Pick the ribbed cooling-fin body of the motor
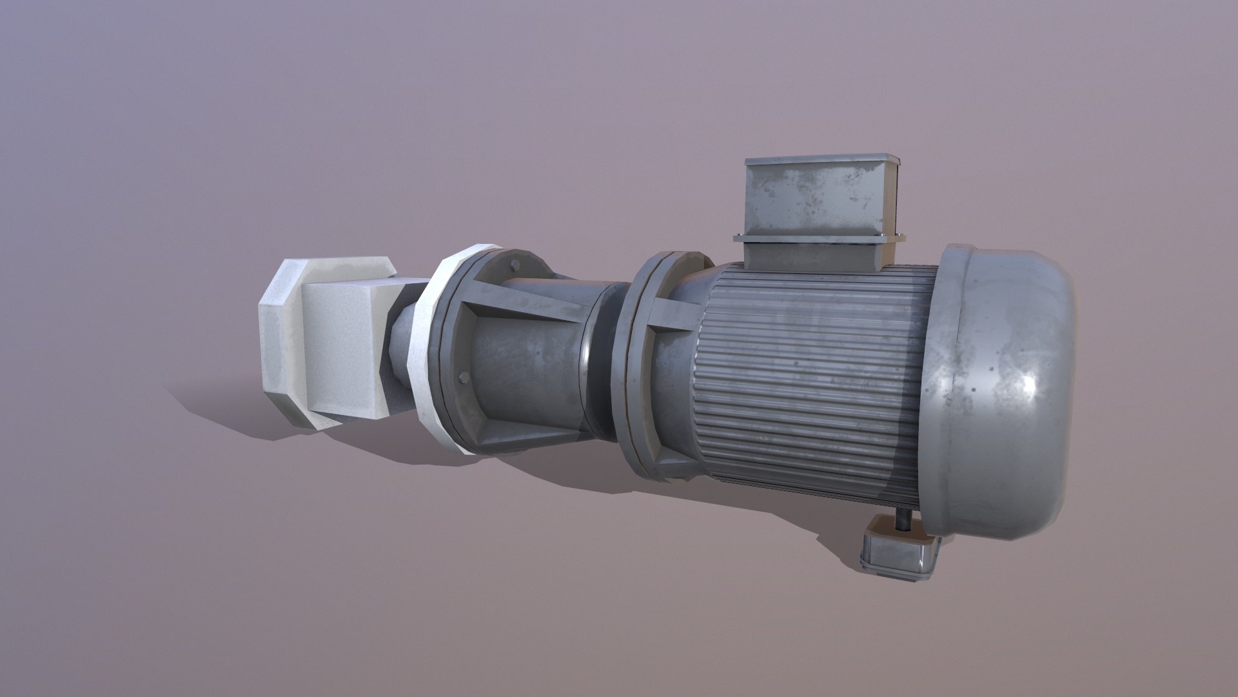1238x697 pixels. [x=812, y=381]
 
